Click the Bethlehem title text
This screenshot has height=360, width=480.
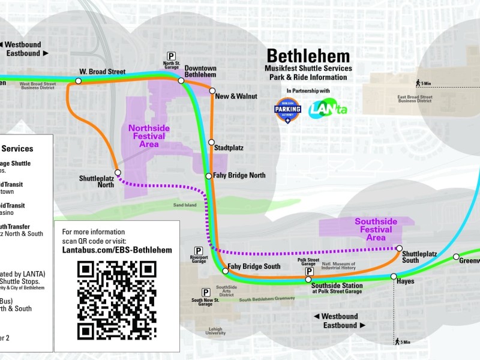(308, 56)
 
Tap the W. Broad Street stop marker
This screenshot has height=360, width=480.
(79, 80)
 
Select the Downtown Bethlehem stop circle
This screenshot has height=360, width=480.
(181, 80)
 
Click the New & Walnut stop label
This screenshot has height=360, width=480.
(236, 96)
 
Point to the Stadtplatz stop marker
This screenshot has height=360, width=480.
(211, 142)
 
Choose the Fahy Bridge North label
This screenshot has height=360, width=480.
(239, 176)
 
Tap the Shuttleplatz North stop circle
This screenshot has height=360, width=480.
(118, 172)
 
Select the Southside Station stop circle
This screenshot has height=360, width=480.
(308, 279)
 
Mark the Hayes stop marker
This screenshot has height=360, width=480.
(394, 277)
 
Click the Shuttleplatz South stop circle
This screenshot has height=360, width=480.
(399, 248)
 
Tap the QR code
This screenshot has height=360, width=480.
(117, 299)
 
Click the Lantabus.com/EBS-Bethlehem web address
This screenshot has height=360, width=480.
(117, 250)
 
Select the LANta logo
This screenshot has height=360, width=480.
(328, 110)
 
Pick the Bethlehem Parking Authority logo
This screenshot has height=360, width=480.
(288, 110)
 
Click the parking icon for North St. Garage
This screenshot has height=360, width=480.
(172, 56)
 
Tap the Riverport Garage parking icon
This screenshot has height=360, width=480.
(199, 250)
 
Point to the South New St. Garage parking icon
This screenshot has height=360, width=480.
(206, 292)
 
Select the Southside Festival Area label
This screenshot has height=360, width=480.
(376, 229)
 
